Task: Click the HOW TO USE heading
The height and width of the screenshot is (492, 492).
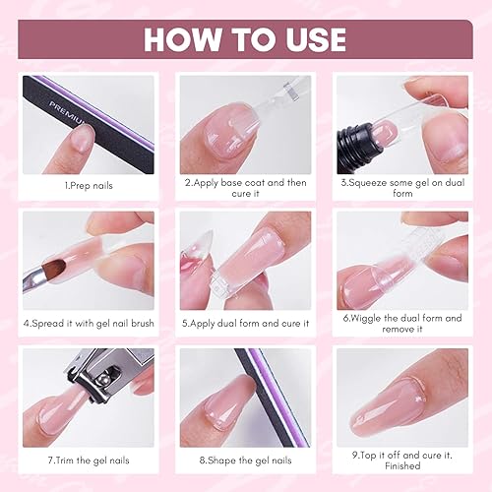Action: click(245, 38)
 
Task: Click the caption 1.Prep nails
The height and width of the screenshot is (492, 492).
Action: click(89, 184)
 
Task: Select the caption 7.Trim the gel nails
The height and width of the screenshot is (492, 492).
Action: click(89, 460)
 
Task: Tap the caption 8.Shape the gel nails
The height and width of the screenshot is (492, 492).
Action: click(245, 460)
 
